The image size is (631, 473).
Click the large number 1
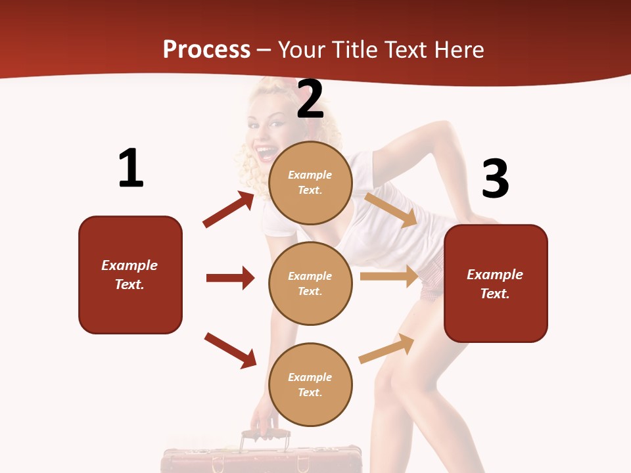click(131, 168)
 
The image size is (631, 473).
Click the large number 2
click(310, 99)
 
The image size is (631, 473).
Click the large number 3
click(496, 179)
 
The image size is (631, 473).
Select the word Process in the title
click(206, 50)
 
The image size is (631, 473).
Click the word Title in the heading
click(353, 50)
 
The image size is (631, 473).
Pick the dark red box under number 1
click(130, 275)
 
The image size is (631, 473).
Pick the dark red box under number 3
click(496, 284)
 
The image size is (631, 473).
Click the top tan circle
click(310, 183)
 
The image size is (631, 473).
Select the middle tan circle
click(310, 283)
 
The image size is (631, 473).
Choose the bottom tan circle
click(310, 384)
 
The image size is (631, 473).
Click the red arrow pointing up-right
click(229, 210)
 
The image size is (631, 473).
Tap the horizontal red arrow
click(230, 278)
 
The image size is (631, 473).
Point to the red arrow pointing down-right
click(230, 350)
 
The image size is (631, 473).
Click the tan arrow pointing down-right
click(391, 210)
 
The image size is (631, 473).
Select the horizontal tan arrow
click(389, 277)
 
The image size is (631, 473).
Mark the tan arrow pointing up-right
click(387, 348)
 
